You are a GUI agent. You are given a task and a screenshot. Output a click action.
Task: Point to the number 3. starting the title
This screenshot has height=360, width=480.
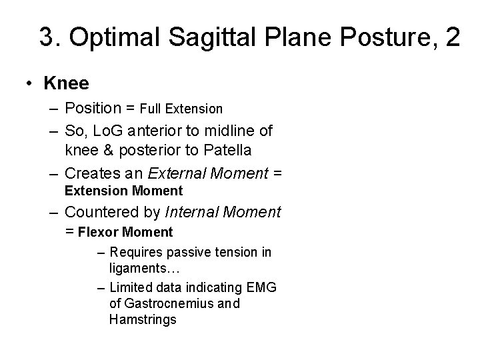coord(49,37)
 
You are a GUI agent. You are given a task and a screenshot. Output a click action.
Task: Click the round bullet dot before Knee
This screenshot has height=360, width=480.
coord(30,84)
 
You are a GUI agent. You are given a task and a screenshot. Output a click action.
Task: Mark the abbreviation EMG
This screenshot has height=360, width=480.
coord(261,288)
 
